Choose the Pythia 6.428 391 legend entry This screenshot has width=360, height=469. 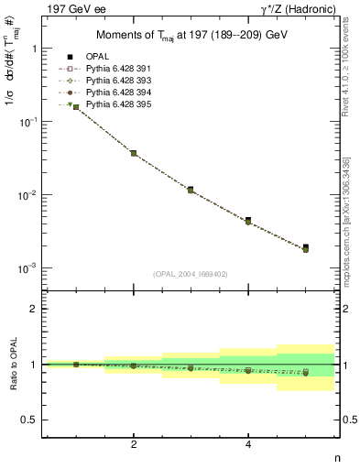click(x=119, y=69)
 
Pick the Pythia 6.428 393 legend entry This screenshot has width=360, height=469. click(x=119, y=81)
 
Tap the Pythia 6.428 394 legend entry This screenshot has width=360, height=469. click(x=119, y=93)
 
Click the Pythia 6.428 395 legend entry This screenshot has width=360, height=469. click(x=119, y=104)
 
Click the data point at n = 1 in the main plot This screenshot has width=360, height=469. click(x=76, y=107)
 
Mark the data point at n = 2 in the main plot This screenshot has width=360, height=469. click(x=134, y=153)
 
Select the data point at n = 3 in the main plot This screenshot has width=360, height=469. click(x=191, y=190)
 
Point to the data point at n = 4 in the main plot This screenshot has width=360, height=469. click(x=248, y=221)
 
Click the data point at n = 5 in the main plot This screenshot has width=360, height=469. click(x=305, y=247)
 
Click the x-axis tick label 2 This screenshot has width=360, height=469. click(x=134, y=444)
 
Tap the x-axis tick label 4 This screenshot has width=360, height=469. click(x=248, y=444)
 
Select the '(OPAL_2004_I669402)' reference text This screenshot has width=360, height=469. click(x=191, y=273)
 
